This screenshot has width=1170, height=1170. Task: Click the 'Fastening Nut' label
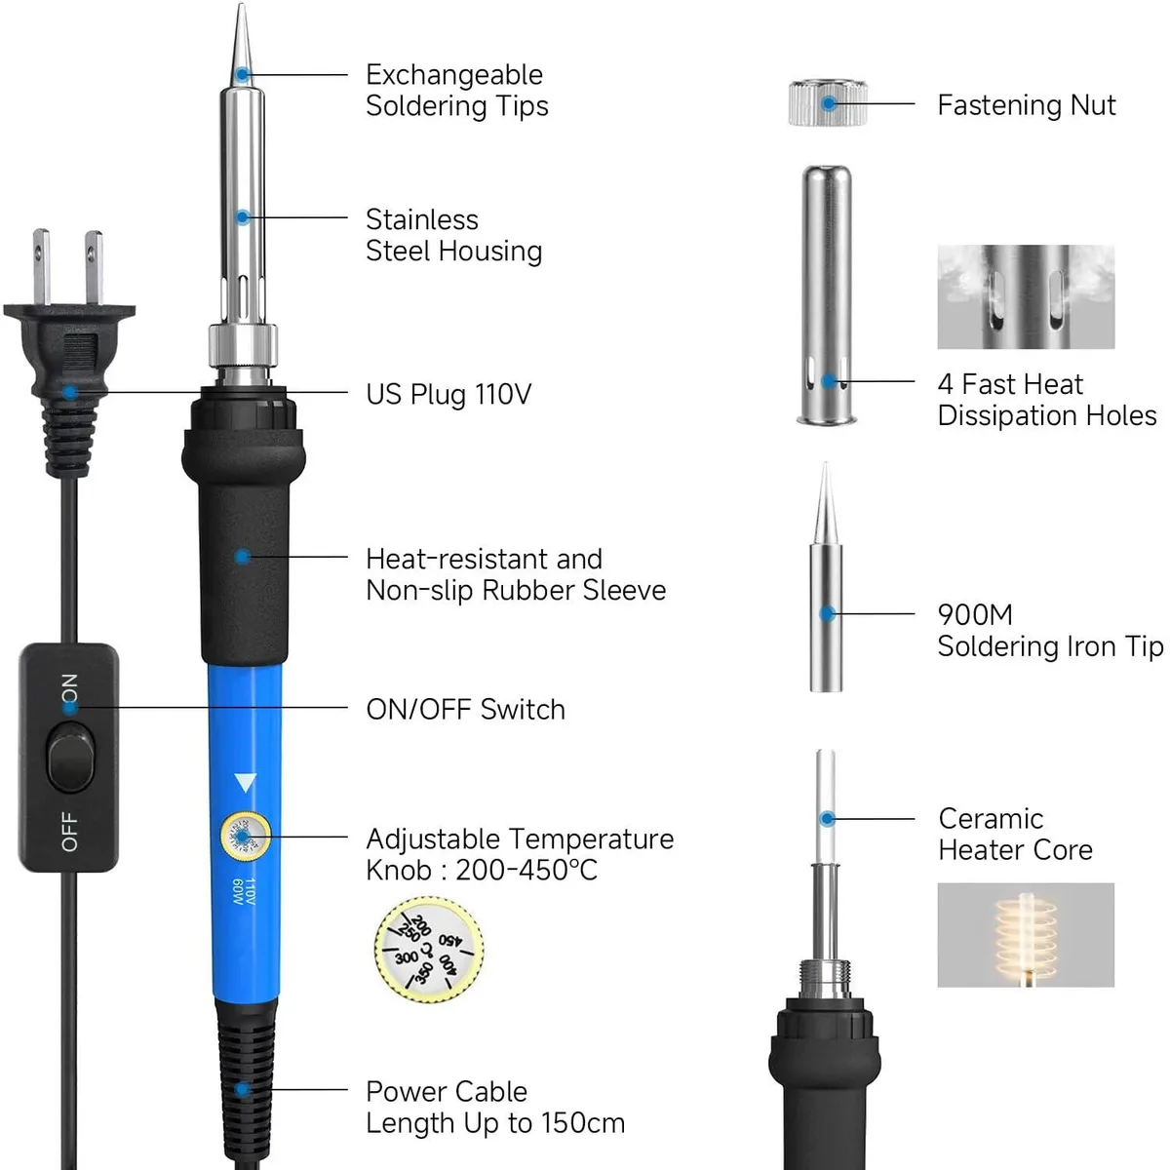click(x=1026, y=105)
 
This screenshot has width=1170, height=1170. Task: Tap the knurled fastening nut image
click(x=828, y=102)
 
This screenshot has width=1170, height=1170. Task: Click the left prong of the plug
click(x=41, y=267)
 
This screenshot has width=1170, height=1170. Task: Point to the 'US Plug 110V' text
click(x=448, y=394)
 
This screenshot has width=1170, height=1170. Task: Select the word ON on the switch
click(x=70, y=687)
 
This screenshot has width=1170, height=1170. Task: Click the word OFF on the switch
click(x=70, y=832)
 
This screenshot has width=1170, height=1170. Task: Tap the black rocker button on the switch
click(x=70, y=758)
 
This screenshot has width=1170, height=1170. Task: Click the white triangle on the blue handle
click(x=245, y=782)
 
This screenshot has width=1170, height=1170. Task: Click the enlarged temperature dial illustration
click(x=429, y=949)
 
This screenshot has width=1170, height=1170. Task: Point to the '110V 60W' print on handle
click(x=244, y=892)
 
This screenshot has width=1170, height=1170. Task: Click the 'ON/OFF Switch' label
click(x=466, y=709)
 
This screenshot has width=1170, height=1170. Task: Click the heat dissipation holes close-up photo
click(x=1026, y=297)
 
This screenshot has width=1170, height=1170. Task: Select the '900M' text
click(x=975, y=614)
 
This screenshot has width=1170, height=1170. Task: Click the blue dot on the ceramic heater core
click(x=827, y=819)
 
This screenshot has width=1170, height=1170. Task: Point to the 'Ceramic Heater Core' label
click(x=1015, y=835)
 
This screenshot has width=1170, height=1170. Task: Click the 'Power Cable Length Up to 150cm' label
click(x=495, y=1107)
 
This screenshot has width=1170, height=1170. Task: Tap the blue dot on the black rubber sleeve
click(x=243, y=557)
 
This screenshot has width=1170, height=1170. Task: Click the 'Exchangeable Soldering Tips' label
click(x=457, y=91)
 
